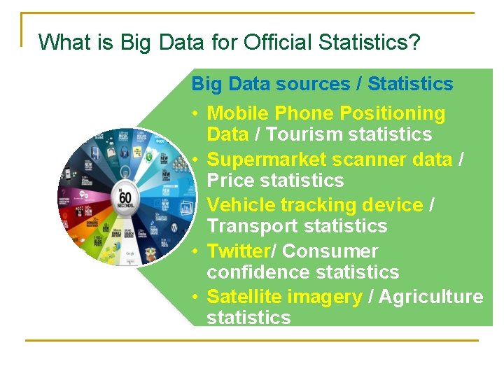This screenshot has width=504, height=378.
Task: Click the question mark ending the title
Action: [414, 43]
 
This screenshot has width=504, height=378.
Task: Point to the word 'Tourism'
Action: [304, 134]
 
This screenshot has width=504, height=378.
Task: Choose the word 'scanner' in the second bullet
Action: [370, 160]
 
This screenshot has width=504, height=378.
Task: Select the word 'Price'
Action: [230, 181]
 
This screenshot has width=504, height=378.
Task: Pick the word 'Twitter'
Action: [239, 251]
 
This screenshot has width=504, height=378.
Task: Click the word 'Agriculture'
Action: [433, 297]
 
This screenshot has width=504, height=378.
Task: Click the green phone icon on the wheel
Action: [148, 157]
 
